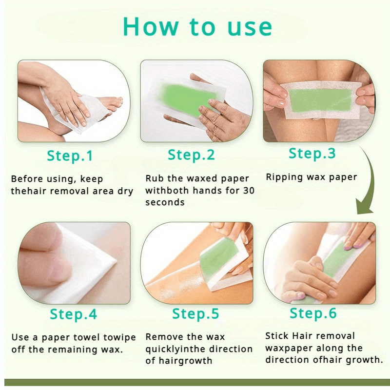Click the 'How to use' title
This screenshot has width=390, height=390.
(x=197, y=27)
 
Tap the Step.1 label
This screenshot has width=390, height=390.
(x=70, y=156)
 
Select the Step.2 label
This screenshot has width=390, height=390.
(x=191, y=155)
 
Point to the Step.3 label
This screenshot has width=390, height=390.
(x=312, y=153)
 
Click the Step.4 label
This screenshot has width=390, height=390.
(x=74, y=314)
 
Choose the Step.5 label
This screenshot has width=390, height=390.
(x=195, y=313)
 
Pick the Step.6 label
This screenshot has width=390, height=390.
(x=313, y=313)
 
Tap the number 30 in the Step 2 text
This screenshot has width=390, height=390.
(x=249, y=191)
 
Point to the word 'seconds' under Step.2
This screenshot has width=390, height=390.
(x=165, y=202)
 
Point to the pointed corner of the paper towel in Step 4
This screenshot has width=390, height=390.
(x=116, y=261)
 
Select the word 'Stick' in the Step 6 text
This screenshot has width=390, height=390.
(x=276, y=336)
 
